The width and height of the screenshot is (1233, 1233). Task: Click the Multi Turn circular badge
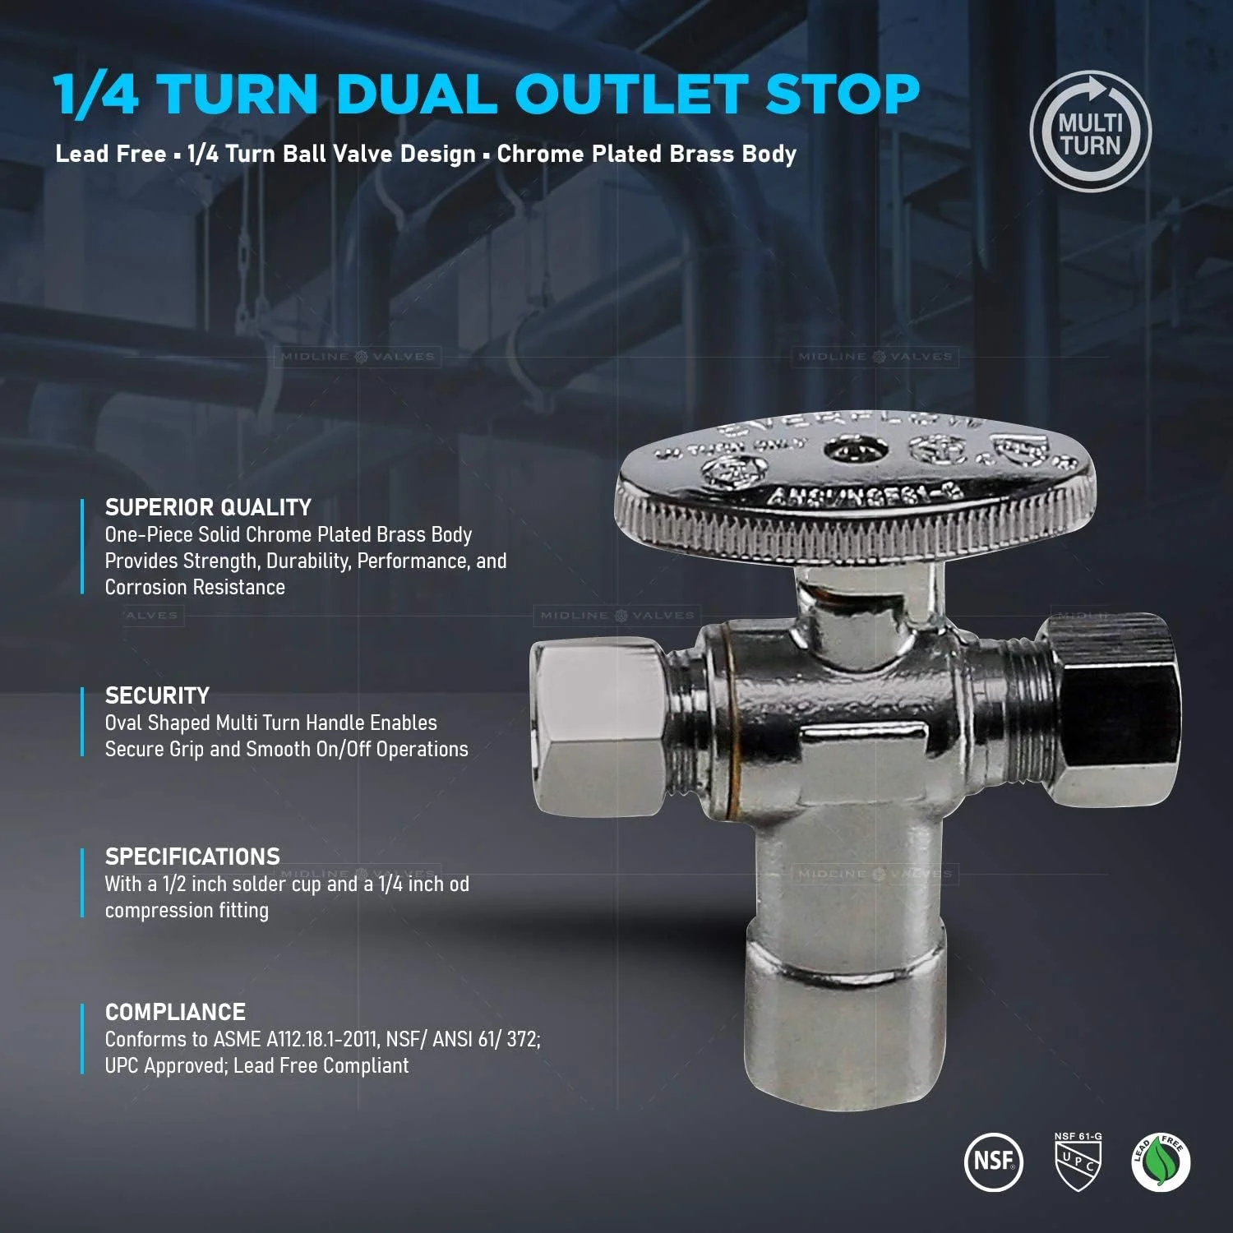[x=1090, y=132]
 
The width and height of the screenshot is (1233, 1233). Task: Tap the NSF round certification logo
[x=993, y=1161]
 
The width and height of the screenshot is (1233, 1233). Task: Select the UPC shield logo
[x=1078, y=1161]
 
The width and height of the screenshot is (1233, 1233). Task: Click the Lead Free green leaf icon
[x=1161, y=1161]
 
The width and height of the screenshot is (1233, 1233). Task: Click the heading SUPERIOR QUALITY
[x=208, y=507]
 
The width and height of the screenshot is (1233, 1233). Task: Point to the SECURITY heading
[x=157, y=695]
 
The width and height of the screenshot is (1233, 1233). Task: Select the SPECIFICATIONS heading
[x=192, y=857]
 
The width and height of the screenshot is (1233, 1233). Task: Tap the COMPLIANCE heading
[x=175, y=1012]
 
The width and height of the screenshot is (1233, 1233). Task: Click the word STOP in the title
[x=842, y=95]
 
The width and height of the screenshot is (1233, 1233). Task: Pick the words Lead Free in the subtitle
[x=110, y=154]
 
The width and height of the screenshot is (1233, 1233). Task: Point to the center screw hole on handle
[x=856, y=450]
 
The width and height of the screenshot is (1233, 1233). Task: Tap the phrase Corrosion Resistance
[x=195, y=587]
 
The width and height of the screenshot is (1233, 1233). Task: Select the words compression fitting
[x=187, y=911]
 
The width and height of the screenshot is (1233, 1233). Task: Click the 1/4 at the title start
[x=96, y=95]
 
